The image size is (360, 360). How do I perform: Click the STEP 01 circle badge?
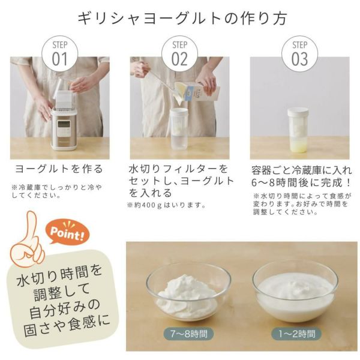click(59, 54)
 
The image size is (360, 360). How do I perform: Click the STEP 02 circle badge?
click(179, 54)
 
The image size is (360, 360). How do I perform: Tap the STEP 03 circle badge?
click(299, 54)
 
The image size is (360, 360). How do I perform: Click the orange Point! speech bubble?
click(67, 232)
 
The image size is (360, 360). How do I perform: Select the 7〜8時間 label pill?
click(189, 334)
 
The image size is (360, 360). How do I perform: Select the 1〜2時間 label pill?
click(296, 334)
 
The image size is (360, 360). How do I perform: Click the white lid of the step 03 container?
click(298, 113)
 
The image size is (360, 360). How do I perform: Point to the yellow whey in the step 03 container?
click(298, 146)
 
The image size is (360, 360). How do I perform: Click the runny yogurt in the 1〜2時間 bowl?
click(295, 297)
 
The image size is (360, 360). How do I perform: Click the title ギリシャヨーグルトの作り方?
click(182, 19)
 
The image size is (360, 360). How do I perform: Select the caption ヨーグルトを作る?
click(59, 169)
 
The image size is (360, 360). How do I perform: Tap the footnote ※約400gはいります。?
click(167, 205)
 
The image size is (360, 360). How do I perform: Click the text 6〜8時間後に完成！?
click(301, 183)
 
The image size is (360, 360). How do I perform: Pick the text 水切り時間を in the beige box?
click(59, 275)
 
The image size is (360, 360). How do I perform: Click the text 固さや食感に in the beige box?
click(67, 326)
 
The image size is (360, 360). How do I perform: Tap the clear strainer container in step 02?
click(179, 129)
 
